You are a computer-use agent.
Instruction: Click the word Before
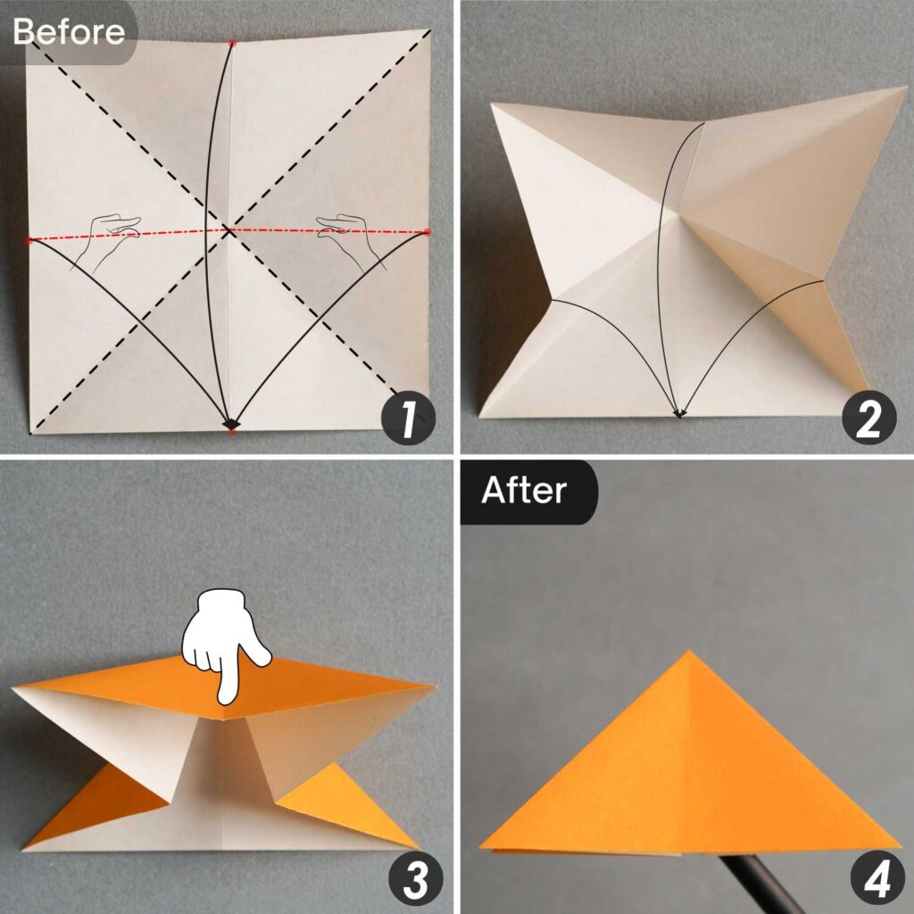[69, 31]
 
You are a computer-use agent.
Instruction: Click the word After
[524, 491]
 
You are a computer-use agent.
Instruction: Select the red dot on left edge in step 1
[29, 240]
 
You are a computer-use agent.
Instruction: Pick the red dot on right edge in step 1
[428, 232]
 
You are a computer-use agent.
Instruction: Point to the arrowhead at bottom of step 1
[230, 423]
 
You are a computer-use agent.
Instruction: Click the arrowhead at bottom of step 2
[679, 413]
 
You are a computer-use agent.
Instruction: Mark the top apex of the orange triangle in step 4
[687, 653]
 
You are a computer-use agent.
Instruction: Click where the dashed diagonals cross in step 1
[229, 230]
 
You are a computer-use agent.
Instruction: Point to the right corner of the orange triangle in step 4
[897, 844]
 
